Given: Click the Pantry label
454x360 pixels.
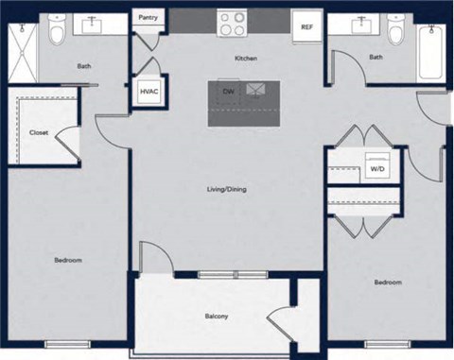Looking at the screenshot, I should click(148, 17).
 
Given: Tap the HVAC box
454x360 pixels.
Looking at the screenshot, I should click(148, 92).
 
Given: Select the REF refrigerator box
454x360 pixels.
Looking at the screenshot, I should click(306, 26).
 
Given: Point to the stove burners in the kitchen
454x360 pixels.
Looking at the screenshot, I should click(232, 21).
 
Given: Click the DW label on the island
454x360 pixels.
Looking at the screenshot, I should click(228, 91).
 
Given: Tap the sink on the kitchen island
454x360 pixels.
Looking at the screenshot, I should click(255, 91).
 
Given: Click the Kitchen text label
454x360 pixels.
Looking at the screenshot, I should click(246, 59).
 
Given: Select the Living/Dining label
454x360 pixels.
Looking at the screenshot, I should click(226, 190).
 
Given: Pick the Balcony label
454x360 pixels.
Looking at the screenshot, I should click(218, 316).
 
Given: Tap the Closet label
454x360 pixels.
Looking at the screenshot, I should click(39, 133).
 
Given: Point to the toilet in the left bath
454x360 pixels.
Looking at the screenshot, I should click(58, 34).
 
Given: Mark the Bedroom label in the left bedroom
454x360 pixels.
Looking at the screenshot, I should click(67, 260).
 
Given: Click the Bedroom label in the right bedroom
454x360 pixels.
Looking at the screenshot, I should click(387, 282).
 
